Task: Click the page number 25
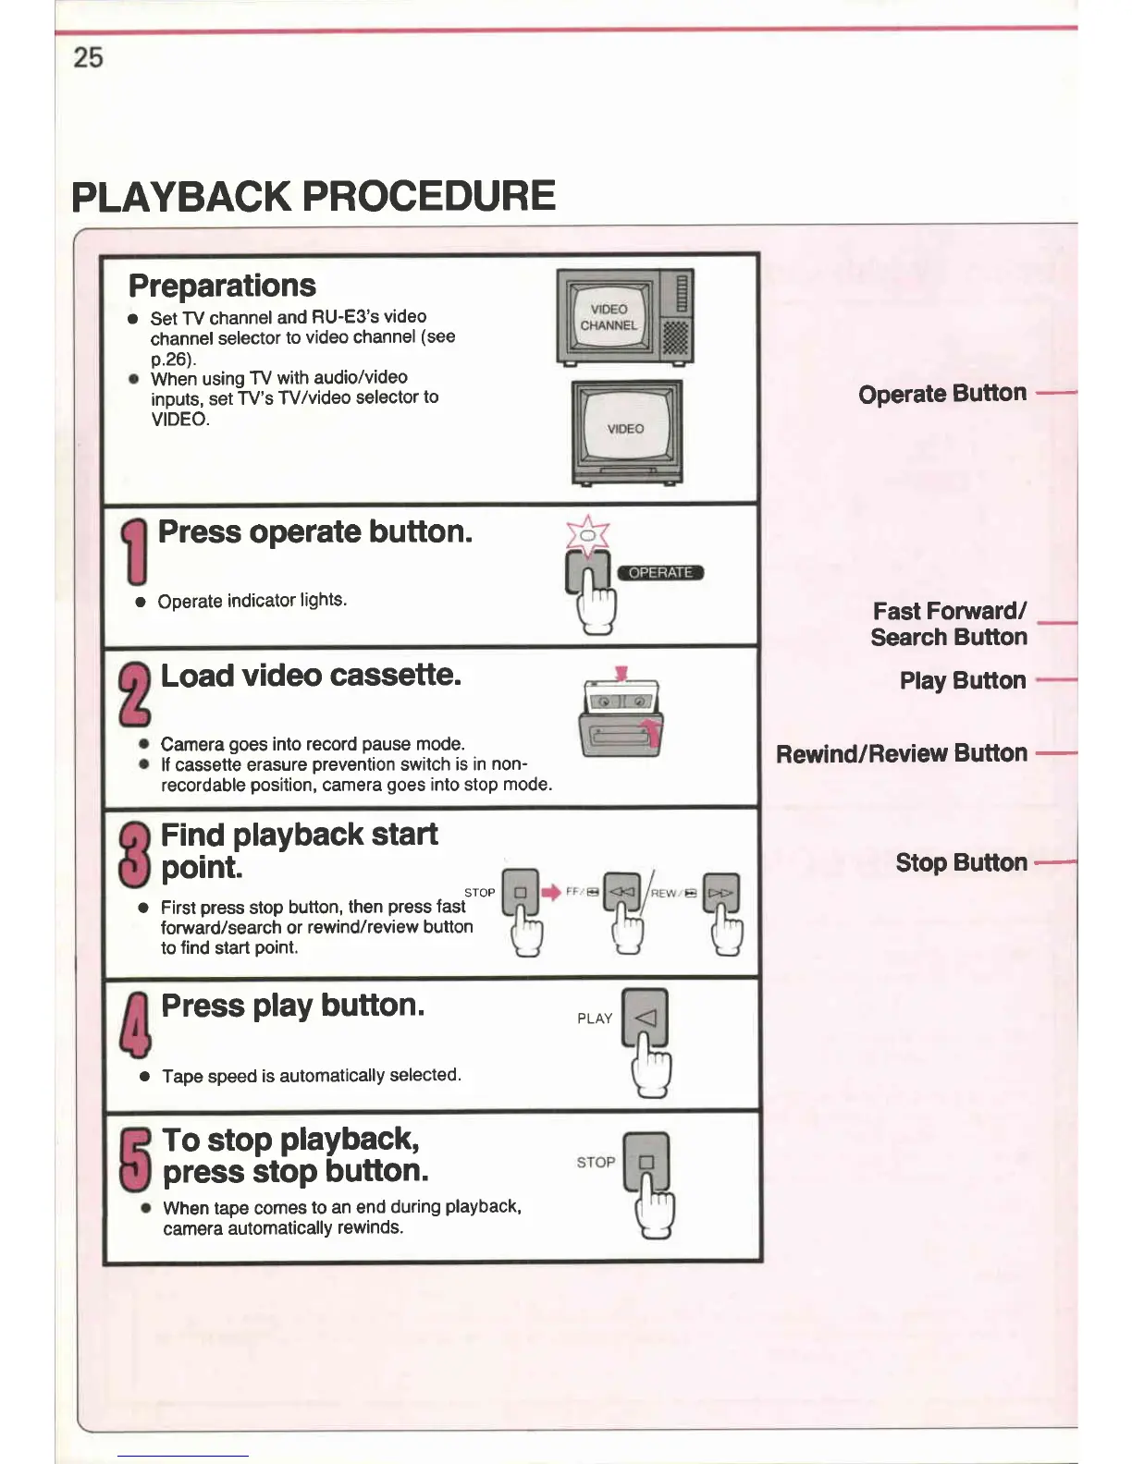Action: [88, 58]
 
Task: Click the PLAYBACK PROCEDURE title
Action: [314, 196]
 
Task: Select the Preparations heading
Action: [222, 286]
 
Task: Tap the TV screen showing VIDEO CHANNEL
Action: [609, 317]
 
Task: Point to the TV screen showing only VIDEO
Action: [625, 428]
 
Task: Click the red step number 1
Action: [135, 551]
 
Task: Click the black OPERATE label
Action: [660, 572]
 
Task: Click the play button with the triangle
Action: [646, 1018]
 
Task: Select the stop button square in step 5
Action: [646, 1162]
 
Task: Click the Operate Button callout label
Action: [941, 394]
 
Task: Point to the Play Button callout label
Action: [962, 681]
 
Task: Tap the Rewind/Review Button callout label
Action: [901, 754]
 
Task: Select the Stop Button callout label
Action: [961, 863]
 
